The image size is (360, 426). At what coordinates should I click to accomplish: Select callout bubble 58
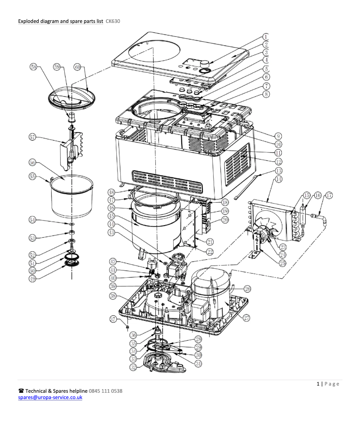(34, 67)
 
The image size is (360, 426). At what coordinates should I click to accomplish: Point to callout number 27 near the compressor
(246, 317)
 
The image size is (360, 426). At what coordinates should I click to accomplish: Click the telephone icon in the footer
(21, 391)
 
